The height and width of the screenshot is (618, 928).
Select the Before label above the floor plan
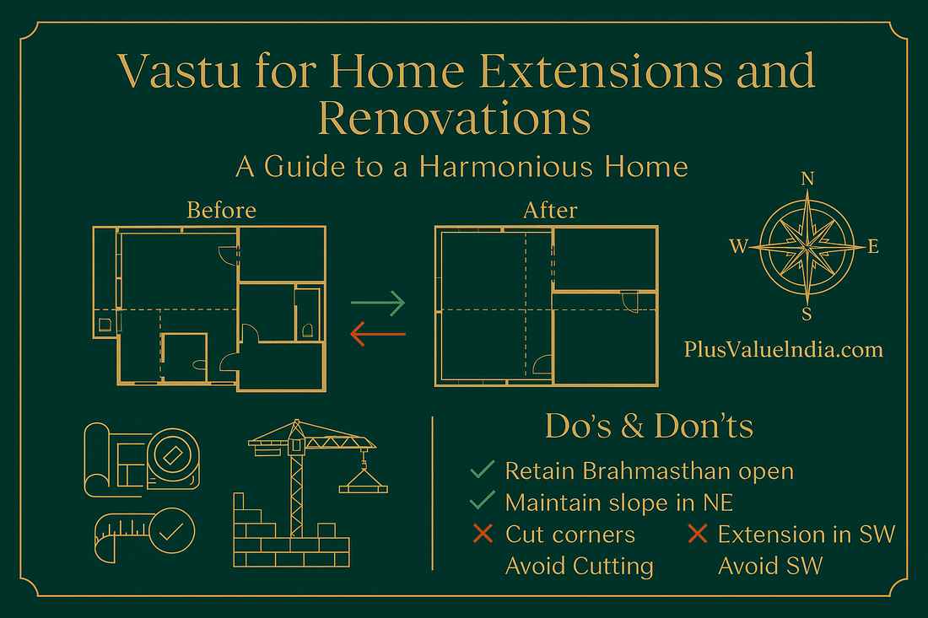(221, 209)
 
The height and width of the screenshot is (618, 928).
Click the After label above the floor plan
(550, 209)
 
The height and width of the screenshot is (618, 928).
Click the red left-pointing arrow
(378, 336)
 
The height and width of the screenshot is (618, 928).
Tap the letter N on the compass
(807, 179)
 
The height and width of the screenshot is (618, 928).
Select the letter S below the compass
(807, 314)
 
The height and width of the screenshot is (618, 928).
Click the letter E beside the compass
(873, 247)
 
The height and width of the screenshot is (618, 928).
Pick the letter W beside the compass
(739, 247)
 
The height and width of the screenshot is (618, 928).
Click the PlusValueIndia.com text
(784, 348)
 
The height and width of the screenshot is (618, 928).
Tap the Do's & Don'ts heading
(649, 427)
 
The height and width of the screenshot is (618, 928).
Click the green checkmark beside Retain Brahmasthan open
(483, 470)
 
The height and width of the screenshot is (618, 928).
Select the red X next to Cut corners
(483, 535)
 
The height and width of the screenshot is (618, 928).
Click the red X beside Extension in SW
(697, 535)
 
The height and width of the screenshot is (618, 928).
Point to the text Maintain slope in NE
(618, 502)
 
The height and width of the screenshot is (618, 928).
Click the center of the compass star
(807, 246)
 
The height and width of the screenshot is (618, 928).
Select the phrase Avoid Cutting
(579, 566)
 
